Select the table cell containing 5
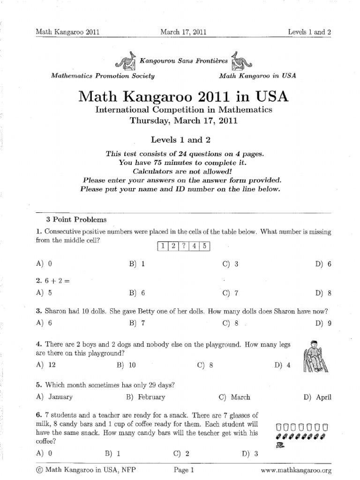point(206,247)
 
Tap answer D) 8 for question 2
point(323,293)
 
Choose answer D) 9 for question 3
point(323,323)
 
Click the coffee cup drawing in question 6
point(280,446)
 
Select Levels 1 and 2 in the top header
point(309,32)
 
